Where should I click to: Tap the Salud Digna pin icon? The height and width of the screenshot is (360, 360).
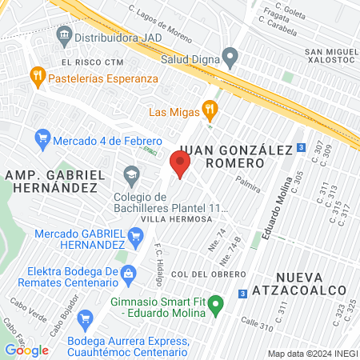point(230,58)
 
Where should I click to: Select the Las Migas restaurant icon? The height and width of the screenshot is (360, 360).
point(210,109)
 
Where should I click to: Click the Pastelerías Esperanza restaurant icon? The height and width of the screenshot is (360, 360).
point(37,78)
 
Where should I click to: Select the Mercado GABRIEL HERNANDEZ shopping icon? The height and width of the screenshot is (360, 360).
point(136,236)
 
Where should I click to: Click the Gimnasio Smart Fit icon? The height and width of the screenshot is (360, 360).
point(214,311)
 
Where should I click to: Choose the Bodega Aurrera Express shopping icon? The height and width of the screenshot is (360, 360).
point(85,320)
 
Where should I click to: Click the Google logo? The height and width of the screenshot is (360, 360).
point(26,350)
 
